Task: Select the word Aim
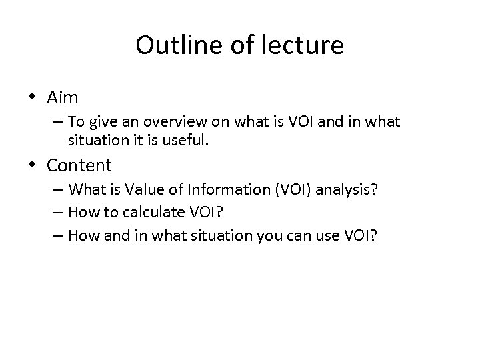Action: click(63, 97)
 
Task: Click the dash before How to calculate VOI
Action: click(58, 214)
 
